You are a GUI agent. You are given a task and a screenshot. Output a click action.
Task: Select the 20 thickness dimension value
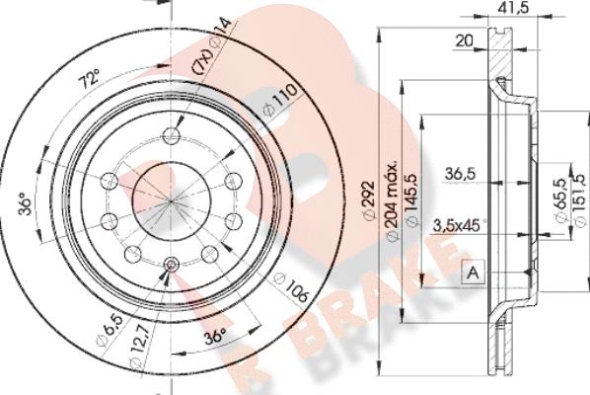pyautogui.click(x=465, y=40)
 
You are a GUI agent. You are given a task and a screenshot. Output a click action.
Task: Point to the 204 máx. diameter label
pyautogui.click(x=392, y=201)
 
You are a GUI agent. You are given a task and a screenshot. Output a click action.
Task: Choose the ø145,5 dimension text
pyautogui.click(x=411, y=200)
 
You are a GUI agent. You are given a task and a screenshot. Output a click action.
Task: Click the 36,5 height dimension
pyautogui.click(x=460, y=174)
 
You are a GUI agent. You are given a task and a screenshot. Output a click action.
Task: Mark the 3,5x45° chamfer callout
pyautogui.click(x=459, y=225)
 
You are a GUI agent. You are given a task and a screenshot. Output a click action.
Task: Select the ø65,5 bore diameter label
pyautogui.click(x=560, y=201)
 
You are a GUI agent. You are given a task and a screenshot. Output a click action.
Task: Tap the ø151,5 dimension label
pyautogui.click(x=581, y=200)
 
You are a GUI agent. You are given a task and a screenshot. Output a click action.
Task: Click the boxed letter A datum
pyautogui.click(x=474, y=272)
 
